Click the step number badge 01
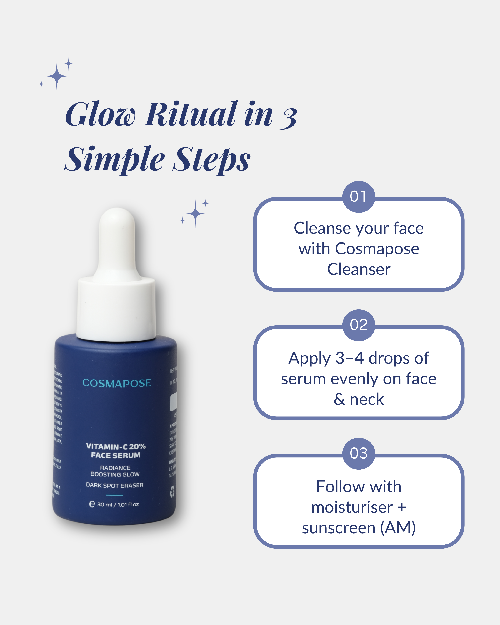[359, 197]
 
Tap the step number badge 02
[359, 325]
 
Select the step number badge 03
[359, 453]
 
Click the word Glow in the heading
[100, 114]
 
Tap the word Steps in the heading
[212, 159]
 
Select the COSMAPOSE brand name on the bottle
[116, 383]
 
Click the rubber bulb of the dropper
[117, 241]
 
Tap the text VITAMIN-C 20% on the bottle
[116, 446]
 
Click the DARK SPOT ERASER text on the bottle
[115, 485]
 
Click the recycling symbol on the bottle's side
[172, 492]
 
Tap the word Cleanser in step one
[359, 269]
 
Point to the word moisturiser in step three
[352, 507]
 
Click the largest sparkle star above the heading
[57, 76]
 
